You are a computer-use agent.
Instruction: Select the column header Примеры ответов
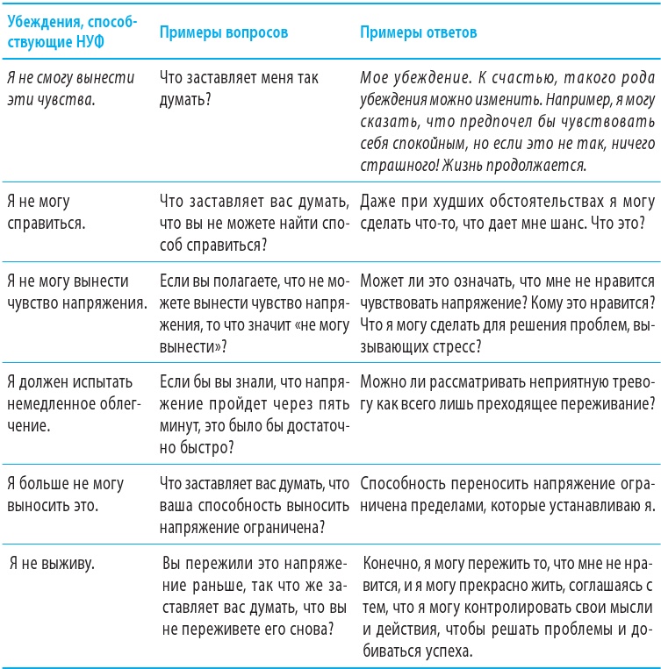coord(420,32)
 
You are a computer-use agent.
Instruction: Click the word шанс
coord(571,223)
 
